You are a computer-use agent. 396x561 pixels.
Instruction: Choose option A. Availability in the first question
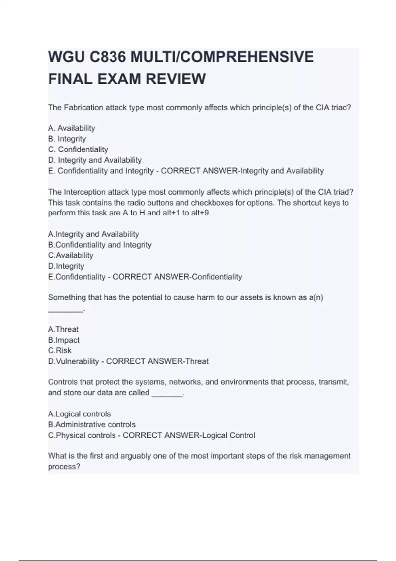(x=72, y=128)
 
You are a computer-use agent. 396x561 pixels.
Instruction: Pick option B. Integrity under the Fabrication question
(x=67, y=139)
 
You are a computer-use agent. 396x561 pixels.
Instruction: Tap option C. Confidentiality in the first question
(x=78, y=149)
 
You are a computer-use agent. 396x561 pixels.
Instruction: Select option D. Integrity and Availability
(x=95, y=160)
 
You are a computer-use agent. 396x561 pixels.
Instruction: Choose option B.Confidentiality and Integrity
(x=100, y=245)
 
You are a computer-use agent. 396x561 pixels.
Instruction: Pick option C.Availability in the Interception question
(x=71, y=255)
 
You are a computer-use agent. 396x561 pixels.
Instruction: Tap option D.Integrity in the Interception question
(x=66, y=266)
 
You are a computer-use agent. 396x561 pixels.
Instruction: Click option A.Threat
(x=63, y=329)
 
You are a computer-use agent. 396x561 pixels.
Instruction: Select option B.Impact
(x=64, y=340)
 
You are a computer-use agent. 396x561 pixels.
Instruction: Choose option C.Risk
(x=60, y=350)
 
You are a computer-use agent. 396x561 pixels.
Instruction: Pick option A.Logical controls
(x=79, y=414)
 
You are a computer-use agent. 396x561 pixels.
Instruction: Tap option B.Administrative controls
(x=92, y=424)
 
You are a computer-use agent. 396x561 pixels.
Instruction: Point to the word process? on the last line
(x=64, y=467)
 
